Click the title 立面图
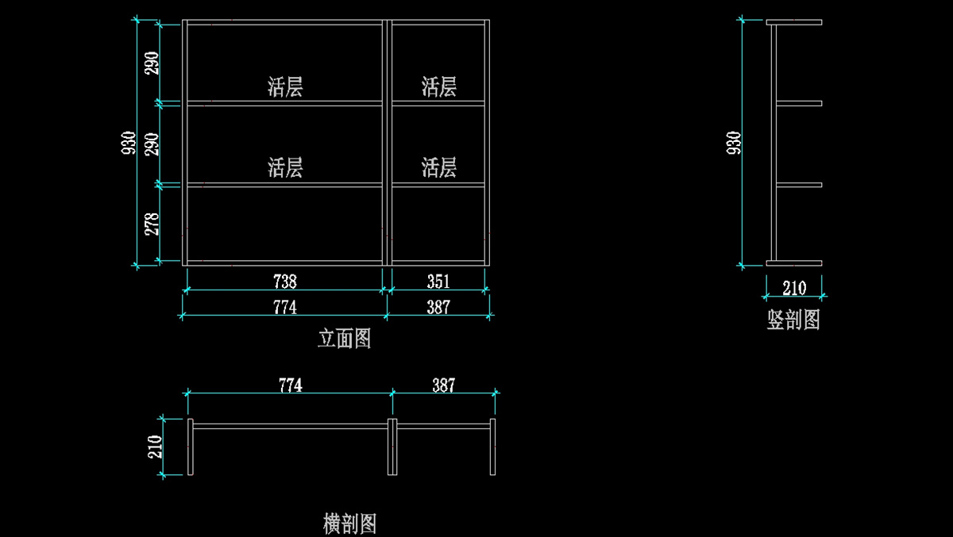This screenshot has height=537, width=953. coord(344,339)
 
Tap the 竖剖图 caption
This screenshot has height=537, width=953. coord(793,320)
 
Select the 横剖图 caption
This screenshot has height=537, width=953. coord(349,524)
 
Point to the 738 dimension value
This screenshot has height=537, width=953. coord(284,282)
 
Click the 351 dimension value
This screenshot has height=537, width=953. coord(438,282)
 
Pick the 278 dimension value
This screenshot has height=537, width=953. coord(152,224)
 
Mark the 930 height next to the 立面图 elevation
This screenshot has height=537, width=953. coord(129,143)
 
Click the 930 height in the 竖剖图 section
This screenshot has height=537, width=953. coord(734,143)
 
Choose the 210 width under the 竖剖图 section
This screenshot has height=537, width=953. coord(794,288)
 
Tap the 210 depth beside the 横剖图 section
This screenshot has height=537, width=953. coord(155,447)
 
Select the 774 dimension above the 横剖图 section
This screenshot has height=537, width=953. coord(290,385)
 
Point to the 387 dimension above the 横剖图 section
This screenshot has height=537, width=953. coord(444,385)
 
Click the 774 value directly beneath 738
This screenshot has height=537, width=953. coord(284,307)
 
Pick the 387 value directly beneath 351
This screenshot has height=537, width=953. coord(438,307)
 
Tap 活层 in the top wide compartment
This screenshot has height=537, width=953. coord(285,87)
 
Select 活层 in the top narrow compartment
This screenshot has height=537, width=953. coord(439,87)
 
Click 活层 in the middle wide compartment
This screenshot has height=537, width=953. coord(285,167)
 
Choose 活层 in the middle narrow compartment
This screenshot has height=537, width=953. coord(439,167)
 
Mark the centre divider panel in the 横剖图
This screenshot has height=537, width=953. coord(392,447)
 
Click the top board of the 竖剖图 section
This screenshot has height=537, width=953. coord(794,22)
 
